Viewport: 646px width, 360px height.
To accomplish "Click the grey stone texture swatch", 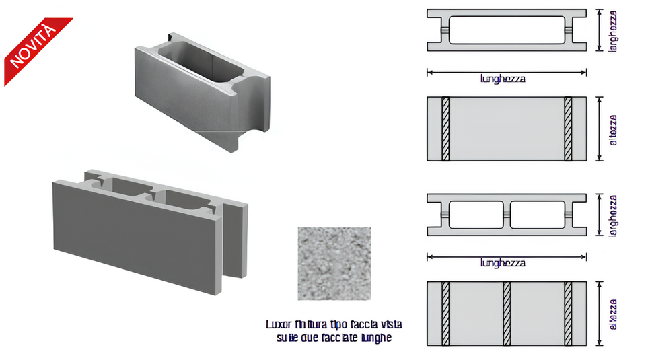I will [x=334, y=263].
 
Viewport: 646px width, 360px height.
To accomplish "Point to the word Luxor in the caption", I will [x=279, y=325].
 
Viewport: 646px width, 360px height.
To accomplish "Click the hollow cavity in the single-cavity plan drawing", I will [x=507, y=30].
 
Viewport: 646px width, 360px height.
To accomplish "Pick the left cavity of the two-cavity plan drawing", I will [x=476, y=215].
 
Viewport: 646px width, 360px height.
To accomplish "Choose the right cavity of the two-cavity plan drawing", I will [x=538, y=215].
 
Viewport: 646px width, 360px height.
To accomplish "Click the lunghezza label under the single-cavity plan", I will [x=503, y=79].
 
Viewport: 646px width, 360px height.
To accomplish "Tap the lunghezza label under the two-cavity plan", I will [x=503, y=263].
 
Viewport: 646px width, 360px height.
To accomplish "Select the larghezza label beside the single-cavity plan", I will [x=613, y=30].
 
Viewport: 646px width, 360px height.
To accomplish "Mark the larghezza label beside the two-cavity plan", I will [x=613, y=215].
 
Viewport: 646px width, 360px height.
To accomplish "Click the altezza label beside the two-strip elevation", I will [x=613, y=129].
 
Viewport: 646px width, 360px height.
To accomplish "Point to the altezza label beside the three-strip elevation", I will [x=613, y=314].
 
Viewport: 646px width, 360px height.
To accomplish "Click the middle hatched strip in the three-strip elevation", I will [x=507, y=314].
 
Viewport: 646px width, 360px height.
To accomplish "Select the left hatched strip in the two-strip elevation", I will [x=445, y=129].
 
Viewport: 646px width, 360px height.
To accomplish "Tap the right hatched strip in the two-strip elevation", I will [x=568, y=129].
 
